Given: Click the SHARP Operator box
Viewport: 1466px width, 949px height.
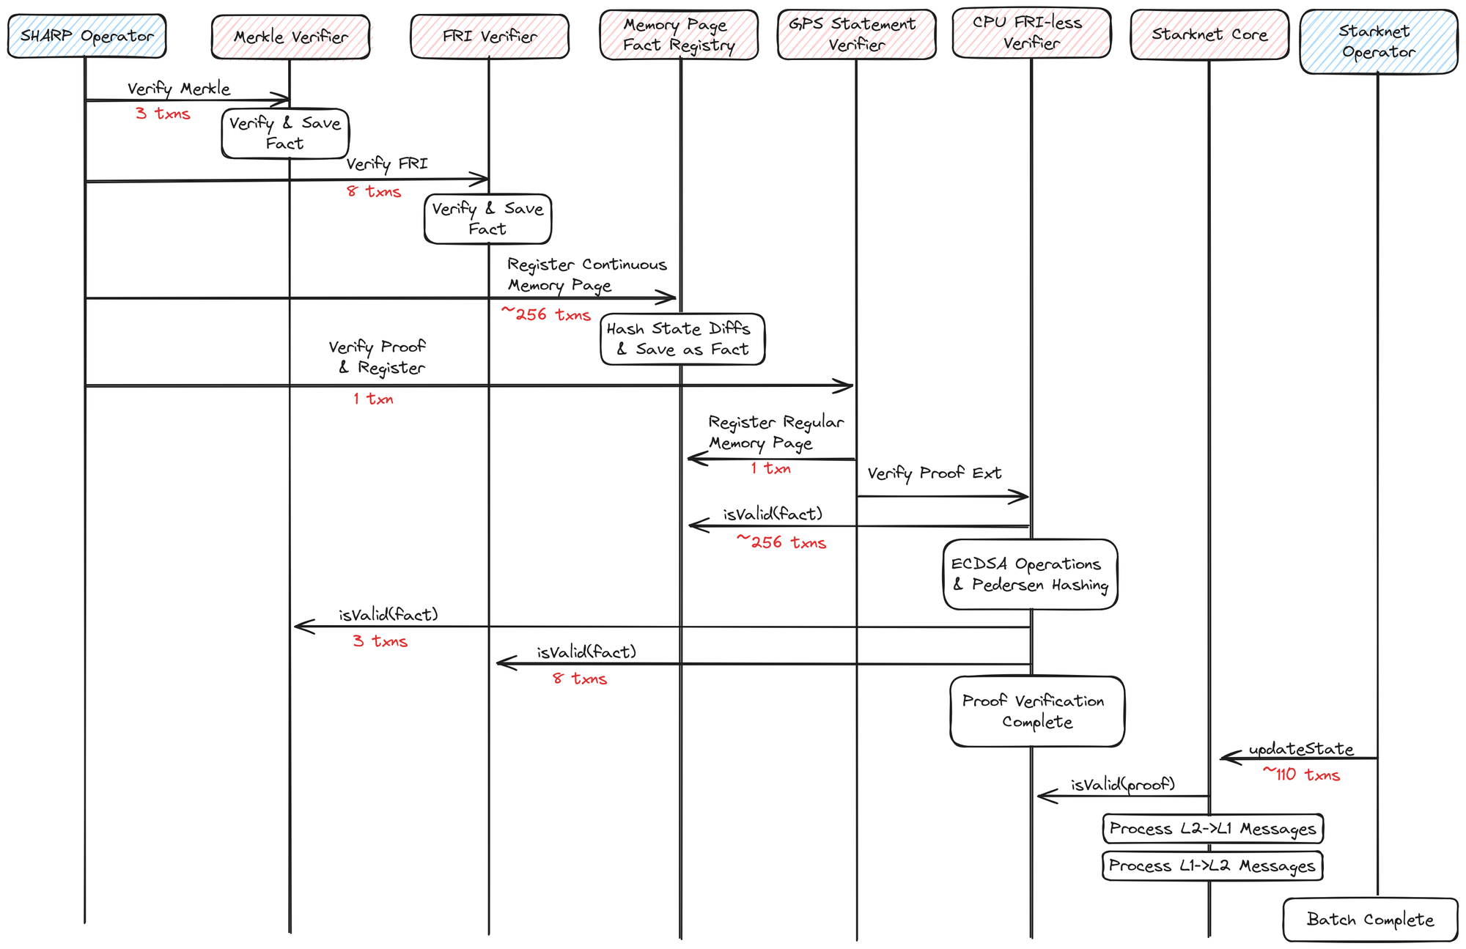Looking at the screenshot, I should pos(86,36).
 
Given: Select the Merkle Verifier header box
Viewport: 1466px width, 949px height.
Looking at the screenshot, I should pos(290,37).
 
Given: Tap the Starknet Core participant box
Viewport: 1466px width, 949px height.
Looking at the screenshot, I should pos(1209,34).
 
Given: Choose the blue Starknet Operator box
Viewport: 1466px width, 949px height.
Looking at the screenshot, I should pos(1378,42).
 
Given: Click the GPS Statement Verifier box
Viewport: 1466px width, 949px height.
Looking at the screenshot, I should pos(855,34).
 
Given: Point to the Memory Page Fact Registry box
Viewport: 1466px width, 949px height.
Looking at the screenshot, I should pos(678,34).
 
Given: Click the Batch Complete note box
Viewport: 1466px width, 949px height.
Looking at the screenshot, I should pos(1369,920).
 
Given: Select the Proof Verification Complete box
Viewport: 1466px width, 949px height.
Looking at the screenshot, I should pos(1036,712).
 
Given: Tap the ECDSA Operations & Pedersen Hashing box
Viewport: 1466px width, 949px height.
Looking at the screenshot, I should pos(1030,575).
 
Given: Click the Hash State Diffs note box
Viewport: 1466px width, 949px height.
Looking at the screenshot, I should pos(682,339).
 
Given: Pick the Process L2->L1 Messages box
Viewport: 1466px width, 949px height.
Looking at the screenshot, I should pos(1212,829).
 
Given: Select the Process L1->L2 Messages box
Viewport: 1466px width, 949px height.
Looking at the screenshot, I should pos(1212,866).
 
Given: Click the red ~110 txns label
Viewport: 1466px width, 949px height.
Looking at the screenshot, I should pos(1301,775).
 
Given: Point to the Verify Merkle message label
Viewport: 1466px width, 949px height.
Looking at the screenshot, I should pos(179,89).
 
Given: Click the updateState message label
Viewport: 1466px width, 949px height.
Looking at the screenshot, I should pos(1301,749).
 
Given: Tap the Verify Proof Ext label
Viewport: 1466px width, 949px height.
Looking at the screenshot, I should pos(934,473).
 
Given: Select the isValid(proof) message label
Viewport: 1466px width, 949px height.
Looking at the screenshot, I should pos(1122,785).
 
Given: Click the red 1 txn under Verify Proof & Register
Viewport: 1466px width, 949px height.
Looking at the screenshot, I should pos(373,399).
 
